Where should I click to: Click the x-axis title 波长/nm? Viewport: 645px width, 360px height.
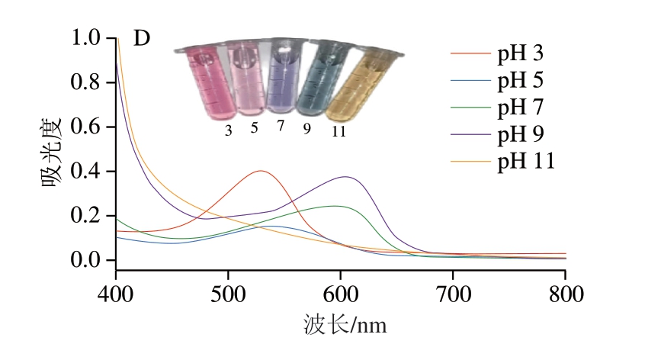pyautogui.click(x=344, y=326)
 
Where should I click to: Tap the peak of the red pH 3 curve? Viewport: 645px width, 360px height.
pyautogui.click(x=261, y=171)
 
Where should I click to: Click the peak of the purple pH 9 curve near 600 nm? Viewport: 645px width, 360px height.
pyautogui.click(x=347, y=177)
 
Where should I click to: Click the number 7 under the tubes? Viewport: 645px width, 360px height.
pyautogui.click(x=281, y=126)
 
